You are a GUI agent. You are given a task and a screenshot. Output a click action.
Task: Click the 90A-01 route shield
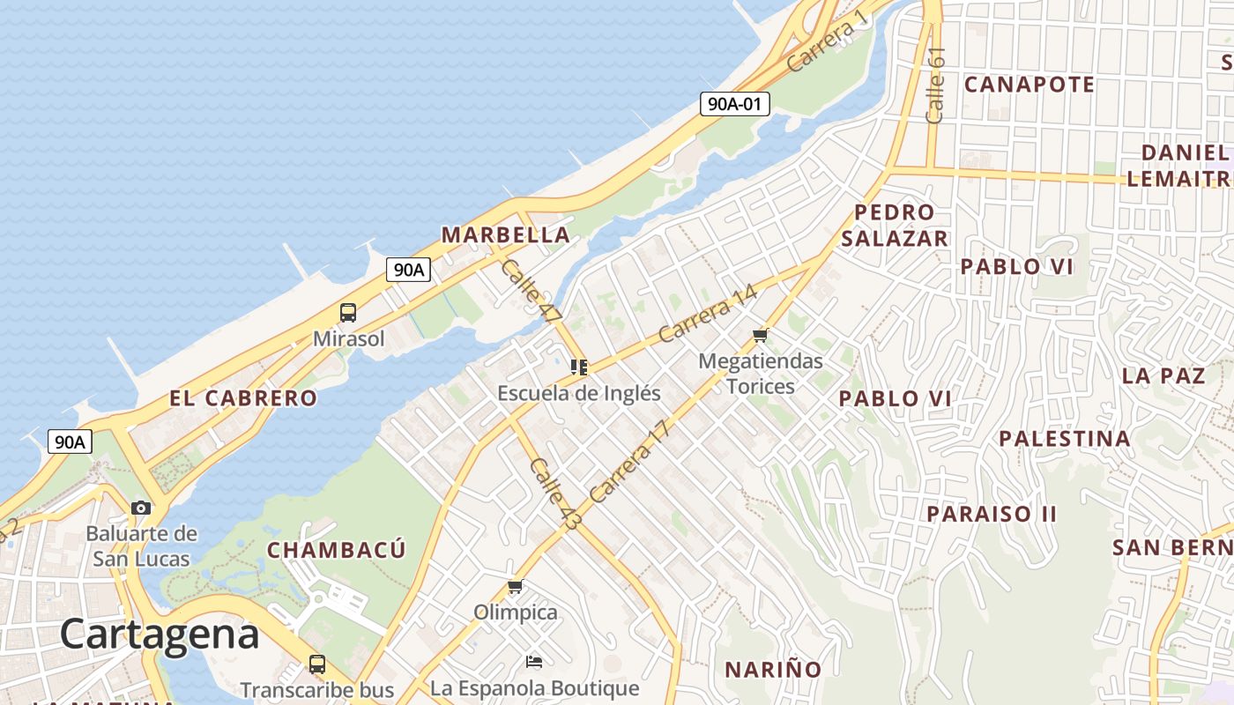point(734,104)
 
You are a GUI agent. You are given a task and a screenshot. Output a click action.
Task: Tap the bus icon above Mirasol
point(348,312)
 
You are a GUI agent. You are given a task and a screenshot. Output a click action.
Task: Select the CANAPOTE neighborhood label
point(1030,85)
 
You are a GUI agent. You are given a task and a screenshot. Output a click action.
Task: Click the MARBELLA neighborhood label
point(506,235)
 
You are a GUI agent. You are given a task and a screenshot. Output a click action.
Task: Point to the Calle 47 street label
point(531,291)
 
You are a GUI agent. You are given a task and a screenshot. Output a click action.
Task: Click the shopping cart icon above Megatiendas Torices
point(761,336)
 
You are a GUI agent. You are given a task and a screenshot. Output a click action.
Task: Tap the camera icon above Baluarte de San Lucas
point(141,508)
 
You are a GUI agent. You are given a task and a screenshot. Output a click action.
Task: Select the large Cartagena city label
point(160,634)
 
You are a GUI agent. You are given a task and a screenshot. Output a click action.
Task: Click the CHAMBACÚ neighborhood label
point(337,551)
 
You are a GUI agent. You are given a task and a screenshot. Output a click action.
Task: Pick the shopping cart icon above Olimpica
point(516,587)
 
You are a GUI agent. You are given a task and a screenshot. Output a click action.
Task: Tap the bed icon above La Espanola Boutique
point(534,661)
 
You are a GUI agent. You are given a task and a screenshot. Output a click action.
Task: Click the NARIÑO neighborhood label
point(773,670)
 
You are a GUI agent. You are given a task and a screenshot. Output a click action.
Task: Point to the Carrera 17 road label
point(630,462)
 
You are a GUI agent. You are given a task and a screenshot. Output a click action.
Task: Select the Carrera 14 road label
point(708,314)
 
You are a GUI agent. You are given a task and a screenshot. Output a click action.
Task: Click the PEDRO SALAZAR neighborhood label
point(894,226)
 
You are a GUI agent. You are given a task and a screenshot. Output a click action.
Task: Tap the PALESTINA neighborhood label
point(1064,439)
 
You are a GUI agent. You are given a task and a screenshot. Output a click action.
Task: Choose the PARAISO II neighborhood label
point(991,514)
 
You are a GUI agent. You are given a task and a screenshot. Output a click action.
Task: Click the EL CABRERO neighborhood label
point(243,398)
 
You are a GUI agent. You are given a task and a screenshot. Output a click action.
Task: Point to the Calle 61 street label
point(935,85)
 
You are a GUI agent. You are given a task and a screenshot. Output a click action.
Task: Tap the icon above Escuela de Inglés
point(579,367)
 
